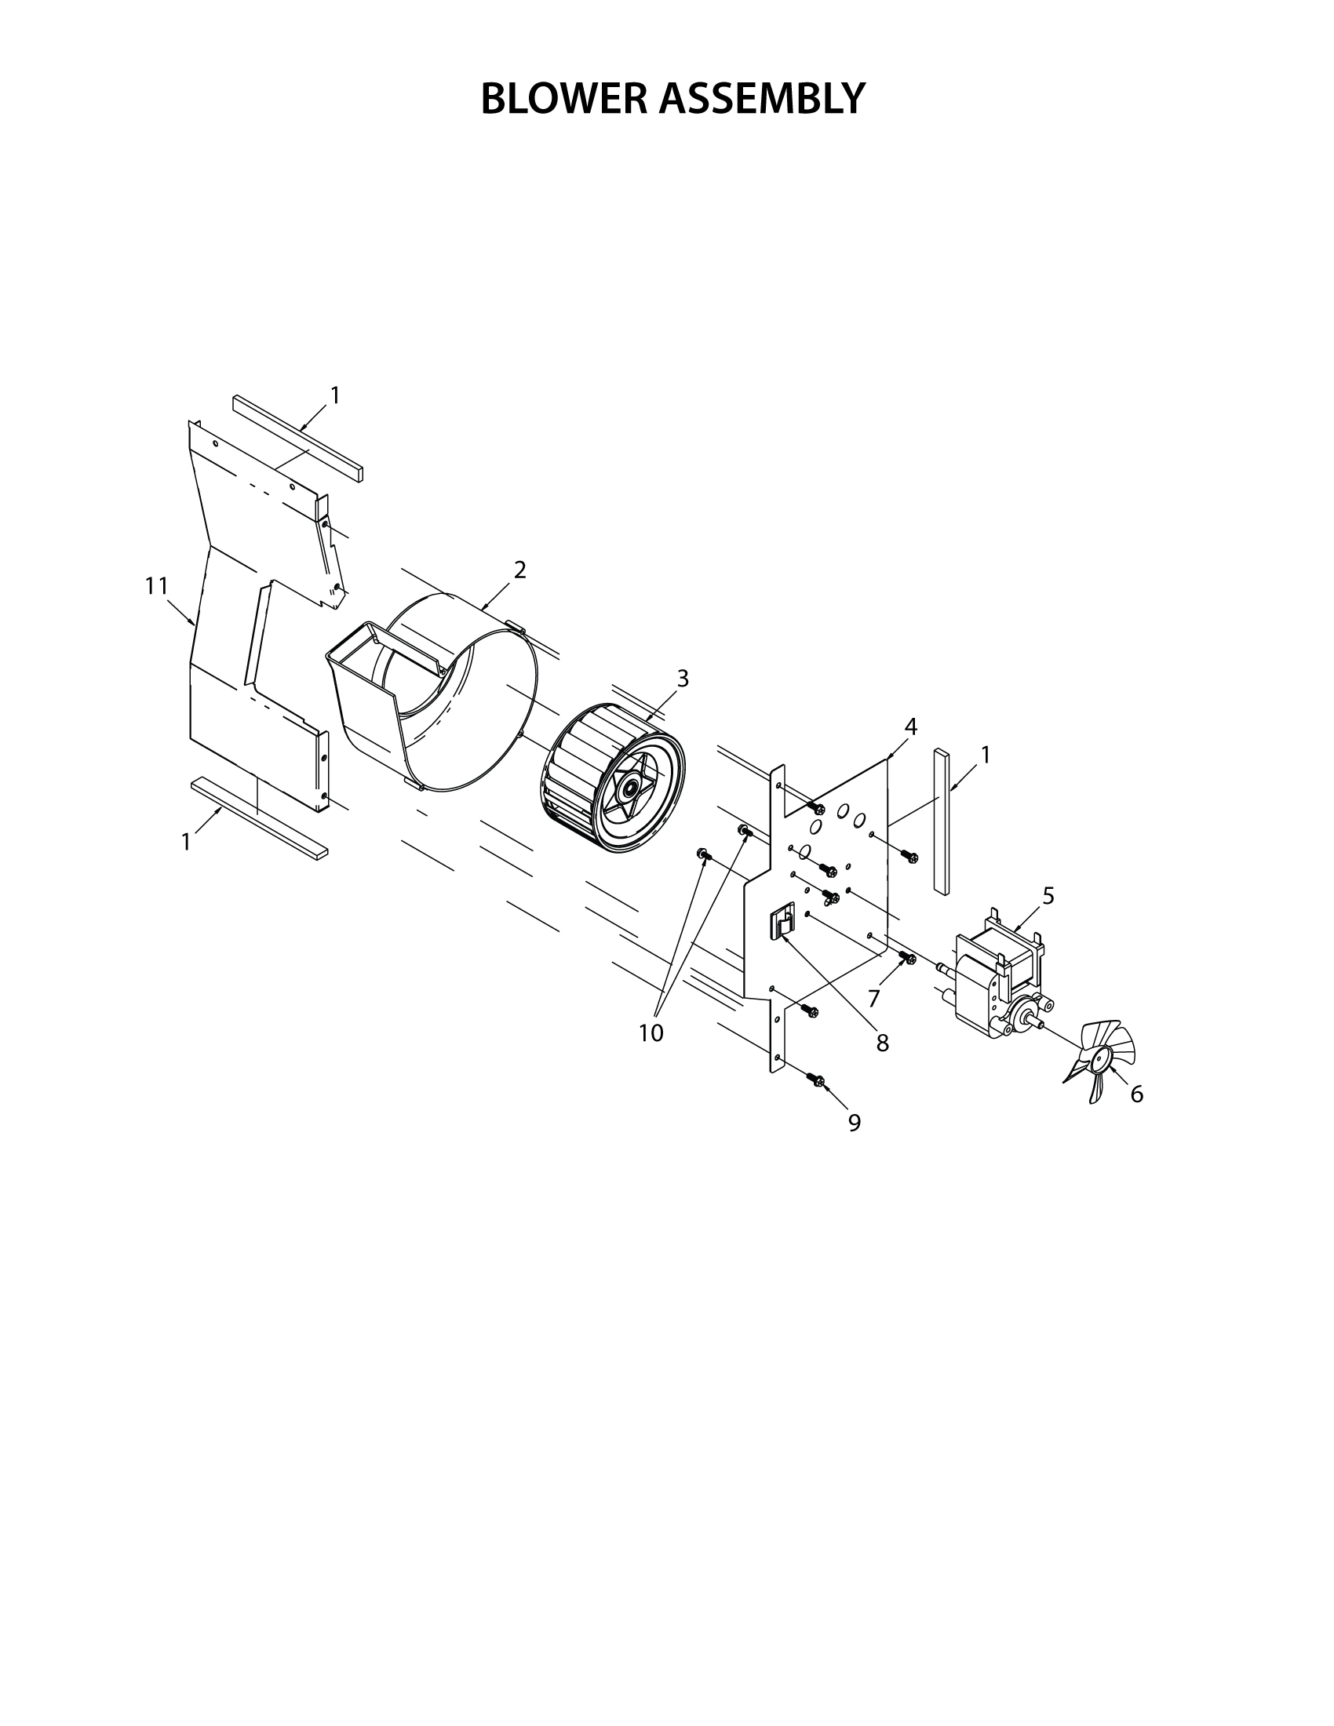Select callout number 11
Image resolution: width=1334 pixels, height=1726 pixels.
click(x=156, y=585)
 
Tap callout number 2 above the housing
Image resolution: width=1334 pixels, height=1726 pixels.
click(x=519, y=569)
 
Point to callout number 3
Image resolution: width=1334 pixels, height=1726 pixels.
click(x=683, y=678)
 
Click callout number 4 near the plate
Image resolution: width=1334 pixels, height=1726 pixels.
click(x=910, y=727)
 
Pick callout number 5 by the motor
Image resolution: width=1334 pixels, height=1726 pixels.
click(x=1048, y=895)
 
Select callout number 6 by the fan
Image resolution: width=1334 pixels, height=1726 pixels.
click(x=1136, y=1094)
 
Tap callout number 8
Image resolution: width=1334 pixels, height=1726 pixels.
click(x=883, y=1043)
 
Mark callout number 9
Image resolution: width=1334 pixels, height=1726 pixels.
click(x=855, y=1123)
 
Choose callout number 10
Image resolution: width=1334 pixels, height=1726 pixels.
click(x=651, y=1033)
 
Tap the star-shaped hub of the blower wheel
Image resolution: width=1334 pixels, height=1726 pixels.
click(x=631, y=787)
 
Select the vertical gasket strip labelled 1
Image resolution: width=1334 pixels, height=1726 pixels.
click(x=940, y=822)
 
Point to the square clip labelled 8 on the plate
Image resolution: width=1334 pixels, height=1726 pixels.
click(x=781, y=923)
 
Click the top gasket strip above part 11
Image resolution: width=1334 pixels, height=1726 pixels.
click(x=298, y=439)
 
